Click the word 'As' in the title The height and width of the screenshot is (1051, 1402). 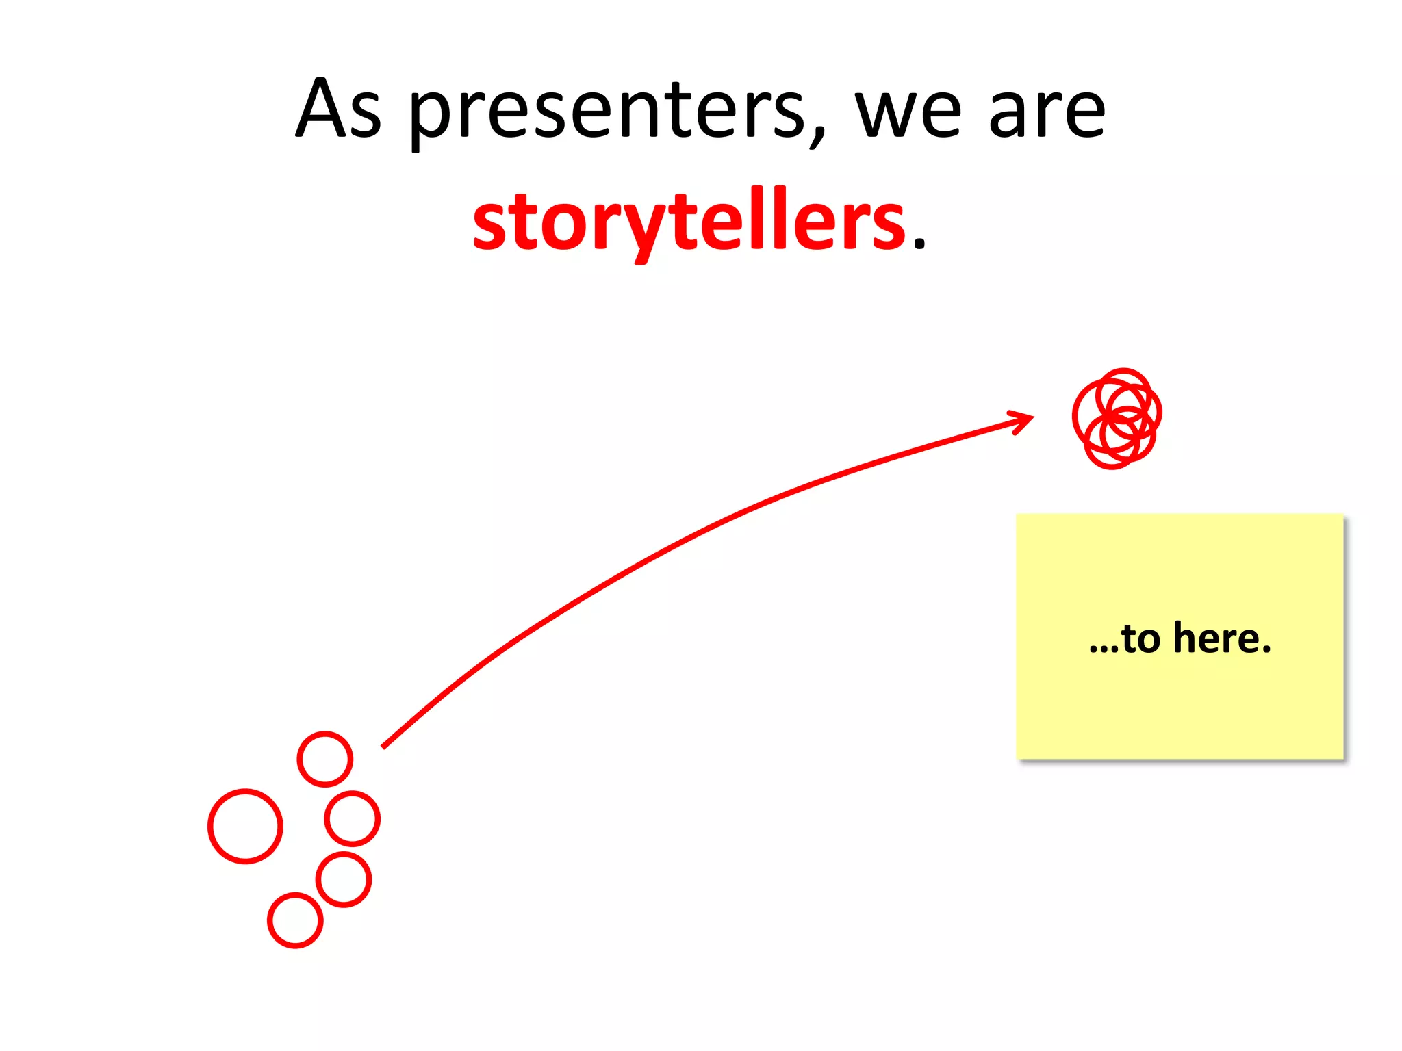pos(338,109)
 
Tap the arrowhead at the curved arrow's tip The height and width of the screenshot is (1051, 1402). pos(1024,419)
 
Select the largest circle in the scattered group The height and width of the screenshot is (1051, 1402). pos(245,826)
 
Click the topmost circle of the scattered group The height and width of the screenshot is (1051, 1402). pos(325,759)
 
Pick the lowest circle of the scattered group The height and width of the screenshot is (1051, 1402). pos(295,920)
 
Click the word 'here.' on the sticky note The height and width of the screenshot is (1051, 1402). pos(1222,638)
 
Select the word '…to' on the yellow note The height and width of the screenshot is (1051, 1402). pos(1125,639)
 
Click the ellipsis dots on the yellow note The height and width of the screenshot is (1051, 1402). pos(1104,650)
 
